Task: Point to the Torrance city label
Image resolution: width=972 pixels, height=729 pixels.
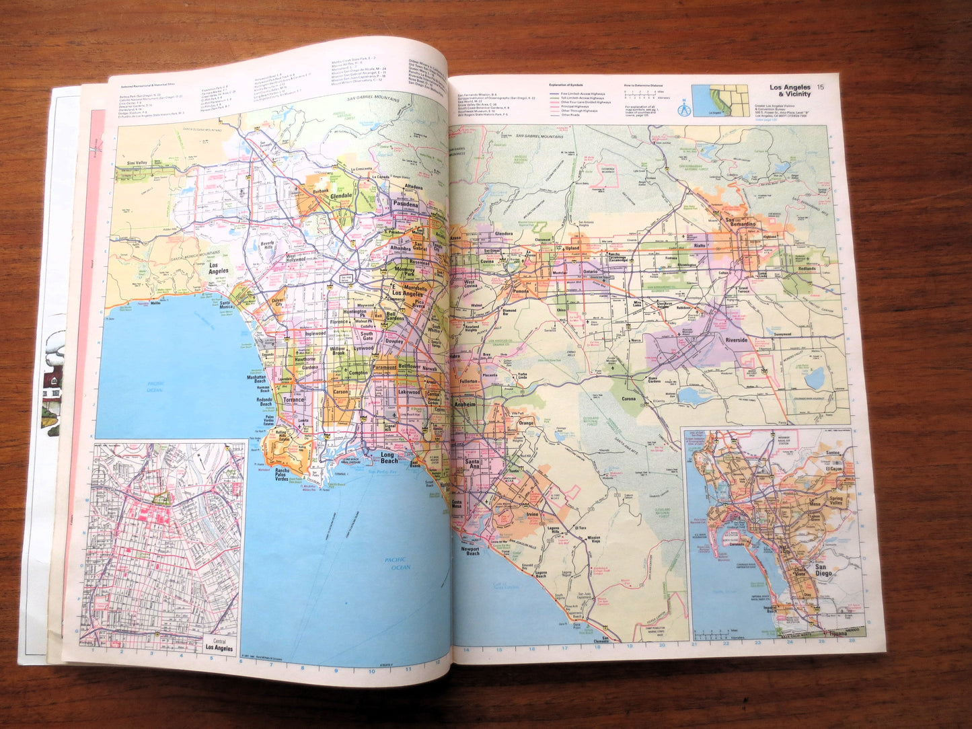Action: [x=293, y=400]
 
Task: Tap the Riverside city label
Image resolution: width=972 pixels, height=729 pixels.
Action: [x=736, y=340]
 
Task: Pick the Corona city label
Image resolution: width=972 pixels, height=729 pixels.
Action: [x=629, y=399]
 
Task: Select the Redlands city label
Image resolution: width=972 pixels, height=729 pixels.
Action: [x=807, y=268]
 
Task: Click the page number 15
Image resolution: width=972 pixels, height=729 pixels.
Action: [x=820, y=87]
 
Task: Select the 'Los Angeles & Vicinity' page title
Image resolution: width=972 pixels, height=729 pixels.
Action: [x=790, y=91]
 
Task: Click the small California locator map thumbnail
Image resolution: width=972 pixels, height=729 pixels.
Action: [x=720, y=100]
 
